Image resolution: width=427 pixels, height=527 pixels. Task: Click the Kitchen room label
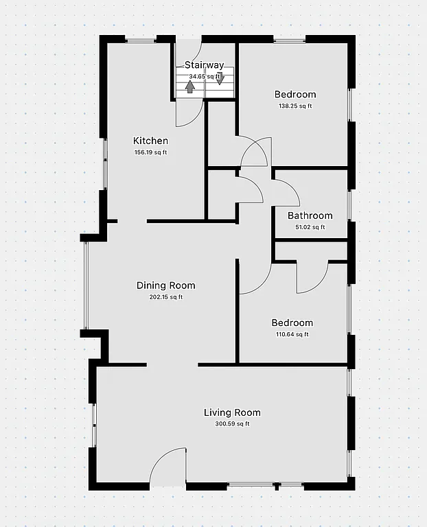click(150, 141)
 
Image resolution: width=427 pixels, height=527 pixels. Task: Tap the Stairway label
click(204, 65)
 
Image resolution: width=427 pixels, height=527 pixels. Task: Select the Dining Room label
click(165, 285)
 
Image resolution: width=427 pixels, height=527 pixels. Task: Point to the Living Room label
click(232, 412)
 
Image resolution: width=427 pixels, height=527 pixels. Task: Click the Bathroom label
click(310, 215)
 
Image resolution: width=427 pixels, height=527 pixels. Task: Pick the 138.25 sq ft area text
click(295, 106)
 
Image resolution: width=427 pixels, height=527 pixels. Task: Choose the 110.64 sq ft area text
click(292, 335)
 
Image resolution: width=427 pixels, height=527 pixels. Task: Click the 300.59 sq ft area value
click(232, 424)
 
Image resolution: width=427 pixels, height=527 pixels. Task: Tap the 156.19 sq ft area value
click(150, 152)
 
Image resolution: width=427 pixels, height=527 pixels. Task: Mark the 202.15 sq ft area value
click(165, 297)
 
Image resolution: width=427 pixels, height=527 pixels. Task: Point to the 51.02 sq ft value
click(310, 227)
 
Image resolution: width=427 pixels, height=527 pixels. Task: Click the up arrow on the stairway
click(189, 86)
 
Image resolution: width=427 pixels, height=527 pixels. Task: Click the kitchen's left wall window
click(105, 163)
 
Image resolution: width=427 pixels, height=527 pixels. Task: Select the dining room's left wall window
click(86, 285)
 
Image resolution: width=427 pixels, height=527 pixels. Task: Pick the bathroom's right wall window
click(349, 204)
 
